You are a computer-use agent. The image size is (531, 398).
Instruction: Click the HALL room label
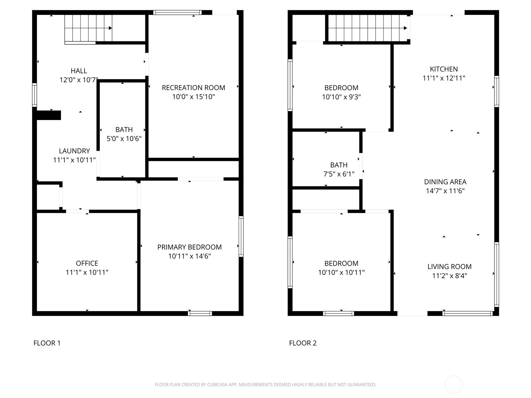pos(79,71)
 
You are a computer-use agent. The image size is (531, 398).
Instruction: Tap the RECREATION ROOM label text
pos(193,88)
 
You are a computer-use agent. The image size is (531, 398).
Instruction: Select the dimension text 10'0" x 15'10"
pos(193,97)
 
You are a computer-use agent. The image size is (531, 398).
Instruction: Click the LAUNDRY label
pos(74,151)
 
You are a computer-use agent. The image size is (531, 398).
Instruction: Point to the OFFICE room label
pos(87,263)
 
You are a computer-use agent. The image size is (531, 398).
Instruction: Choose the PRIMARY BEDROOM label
pos(190,247)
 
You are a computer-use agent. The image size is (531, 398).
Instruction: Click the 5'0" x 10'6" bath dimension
pos(124,138)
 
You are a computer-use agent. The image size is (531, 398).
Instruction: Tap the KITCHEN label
pos(444,69)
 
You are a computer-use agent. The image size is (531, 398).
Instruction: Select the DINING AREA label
pos(445,182)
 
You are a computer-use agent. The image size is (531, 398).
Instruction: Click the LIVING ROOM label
pos(449,267)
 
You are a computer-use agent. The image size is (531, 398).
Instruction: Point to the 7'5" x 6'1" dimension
pos(339,174)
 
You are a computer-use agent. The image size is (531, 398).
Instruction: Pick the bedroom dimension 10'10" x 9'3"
pos(341,97)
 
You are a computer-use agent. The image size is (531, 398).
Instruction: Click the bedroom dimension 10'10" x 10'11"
pos(341,272)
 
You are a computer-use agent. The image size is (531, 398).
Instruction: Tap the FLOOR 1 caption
pos(47,343)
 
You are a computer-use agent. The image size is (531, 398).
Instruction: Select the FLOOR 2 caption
pos(303,343)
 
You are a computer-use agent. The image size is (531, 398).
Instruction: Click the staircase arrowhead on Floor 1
pos(110,28)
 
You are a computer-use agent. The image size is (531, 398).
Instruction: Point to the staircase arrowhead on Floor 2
pos(406,28)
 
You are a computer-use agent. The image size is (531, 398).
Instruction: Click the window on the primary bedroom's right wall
pos(241,236)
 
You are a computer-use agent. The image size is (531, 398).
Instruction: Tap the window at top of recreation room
pos(177,12)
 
